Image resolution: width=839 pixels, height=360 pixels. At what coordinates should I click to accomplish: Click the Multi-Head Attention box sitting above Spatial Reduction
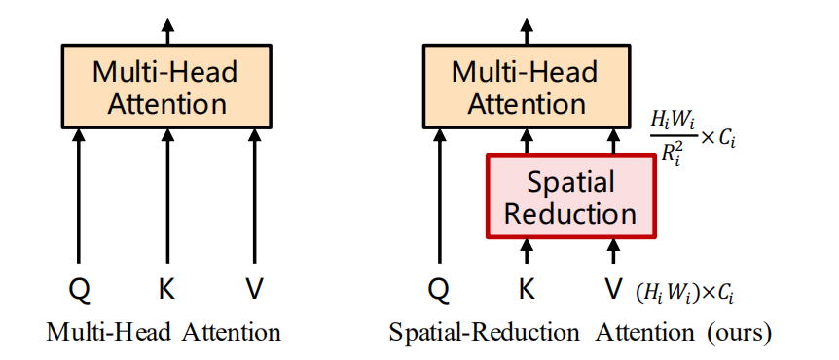[525, 88]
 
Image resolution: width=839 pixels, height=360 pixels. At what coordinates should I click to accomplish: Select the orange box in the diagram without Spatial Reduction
[166, 88]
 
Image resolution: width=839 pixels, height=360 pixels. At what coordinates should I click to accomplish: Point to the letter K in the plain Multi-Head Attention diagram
[166, 289]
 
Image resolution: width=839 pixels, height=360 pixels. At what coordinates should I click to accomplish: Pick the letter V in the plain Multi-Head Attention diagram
[253, 289]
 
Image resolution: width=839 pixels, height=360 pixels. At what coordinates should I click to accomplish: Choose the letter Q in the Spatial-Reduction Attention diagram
[439, 289]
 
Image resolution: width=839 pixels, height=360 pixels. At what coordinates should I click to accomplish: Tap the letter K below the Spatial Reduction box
[527, 289]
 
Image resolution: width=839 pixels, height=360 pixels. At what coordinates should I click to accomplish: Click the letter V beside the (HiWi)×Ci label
[612, 289]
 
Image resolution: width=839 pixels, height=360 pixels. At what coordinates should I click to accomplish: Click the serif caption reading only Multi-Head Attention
[164, 333]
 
